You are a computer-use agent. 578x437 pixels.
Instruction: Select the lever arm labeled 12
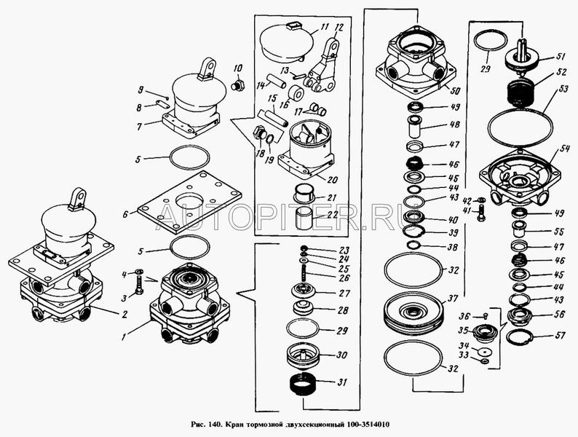tap(323, 69)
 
